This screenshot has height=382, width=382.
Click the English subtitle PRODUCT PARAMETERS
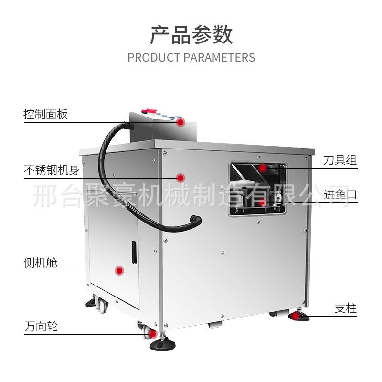pyautogui.click(x=191, y=58)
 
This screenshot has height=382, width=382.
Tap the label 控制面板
pyautogui.click(x=46, y=115)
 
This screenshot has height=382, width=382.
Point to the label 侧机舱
pyautogui.click(x=41, y=263)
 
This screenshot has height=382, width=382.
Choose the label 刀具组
pyautogui.click(x=340, y=160)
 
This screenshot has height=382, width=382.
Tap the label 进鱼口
pyautogui.click(x=340, y=195)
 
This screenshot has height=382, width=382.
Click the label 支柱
pyautogui.click(x=345, y=308)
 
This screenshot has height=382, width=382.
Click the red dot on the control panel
pyautogui.click(x=180, y=122)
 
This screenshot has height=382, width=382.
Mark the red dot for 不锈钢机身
pyautogui.click(x=180, y=178)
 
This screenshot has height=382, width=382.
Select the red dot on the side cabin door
pyautogui.click(x=120, y=271)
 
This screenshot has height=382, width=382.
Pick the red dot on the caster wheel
pyautogui.click(x=152, y=334)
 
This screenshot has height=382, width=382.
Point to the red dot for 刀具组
pyautogui.click(x=263, y=168)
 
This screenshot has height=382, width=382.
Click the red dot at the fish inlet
pyautogui.click(x=262, y=202)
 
